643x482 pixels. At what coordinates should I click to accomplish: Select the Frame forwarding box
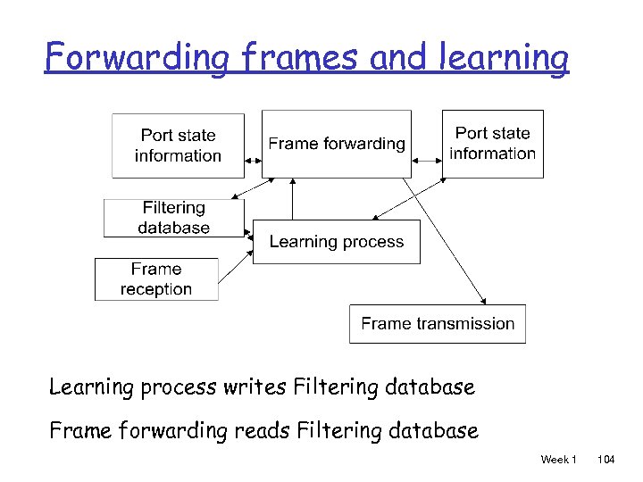336,144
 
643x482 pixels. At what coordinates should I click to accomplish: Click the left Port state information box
178,145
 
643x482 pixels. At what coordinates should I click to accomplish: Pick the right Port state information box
493,144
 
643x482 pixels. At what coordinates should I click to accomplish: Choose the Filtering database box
173,218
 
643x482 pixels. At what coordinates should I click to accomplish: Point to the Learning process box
336,242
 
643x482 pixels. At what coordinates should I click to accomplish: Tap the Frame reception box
156,279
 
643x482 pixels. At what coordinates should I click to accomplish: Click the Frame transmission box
437,324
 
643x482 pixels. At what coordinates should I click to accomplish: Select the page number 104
606,459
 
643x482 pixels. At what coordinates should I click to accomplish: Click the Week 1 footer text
558,459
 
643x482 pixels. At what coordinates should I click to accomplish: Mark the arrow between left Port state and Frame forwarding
253,161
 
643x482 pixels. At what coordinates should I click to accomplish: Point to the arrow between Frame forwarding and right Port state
427,161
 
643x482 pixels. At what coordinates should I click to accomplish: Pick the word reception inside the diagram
156,289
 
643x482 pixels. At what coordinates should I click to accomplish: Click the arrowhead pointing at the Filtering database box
235,197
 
